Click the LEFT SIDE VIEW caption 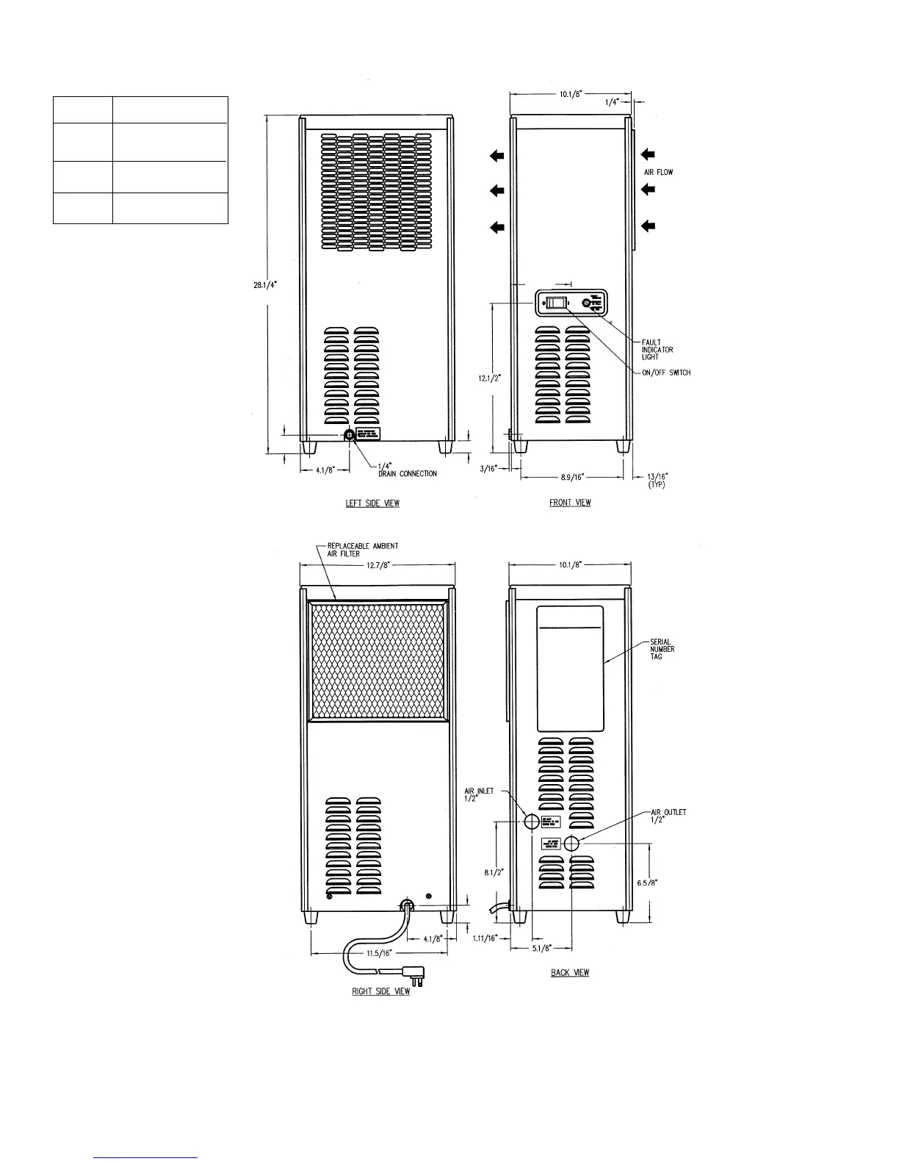tap(372, 503)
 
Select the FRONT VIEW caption tap(570, 503)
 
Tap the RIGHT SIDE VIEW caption tap(381, 992)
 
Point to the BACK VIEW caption tap(570, 973)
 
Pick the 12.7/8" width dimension tap(378, 564)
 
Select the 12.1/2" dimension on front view tap(490, 378)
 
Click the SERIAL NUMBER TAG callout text tap(662, 649)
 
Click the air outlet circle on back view tap(571, 844)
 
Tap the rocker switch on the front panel tap(559, 302)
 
